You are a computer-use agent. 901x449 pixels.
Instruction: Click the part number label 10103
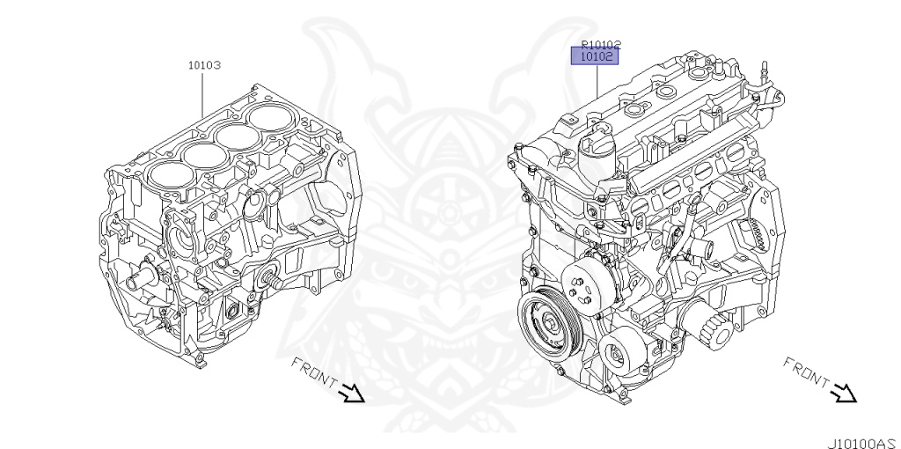pyautogui.click(x=204, y=65)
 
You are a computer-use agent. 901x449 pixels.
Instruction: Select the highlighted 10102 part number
pyautogui.click(x=596, y=56)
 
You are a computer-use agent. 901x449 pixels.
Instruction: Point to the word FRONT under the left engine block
pyautogui.click(x=313, y=372)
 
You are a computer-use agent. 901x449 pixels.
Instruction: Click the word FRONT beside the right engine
pyautogui.click(x=805, y=372)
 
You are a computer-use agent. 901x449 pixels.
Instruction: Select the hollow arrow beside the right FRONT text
pyautogui.click(x=844, y=393)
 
